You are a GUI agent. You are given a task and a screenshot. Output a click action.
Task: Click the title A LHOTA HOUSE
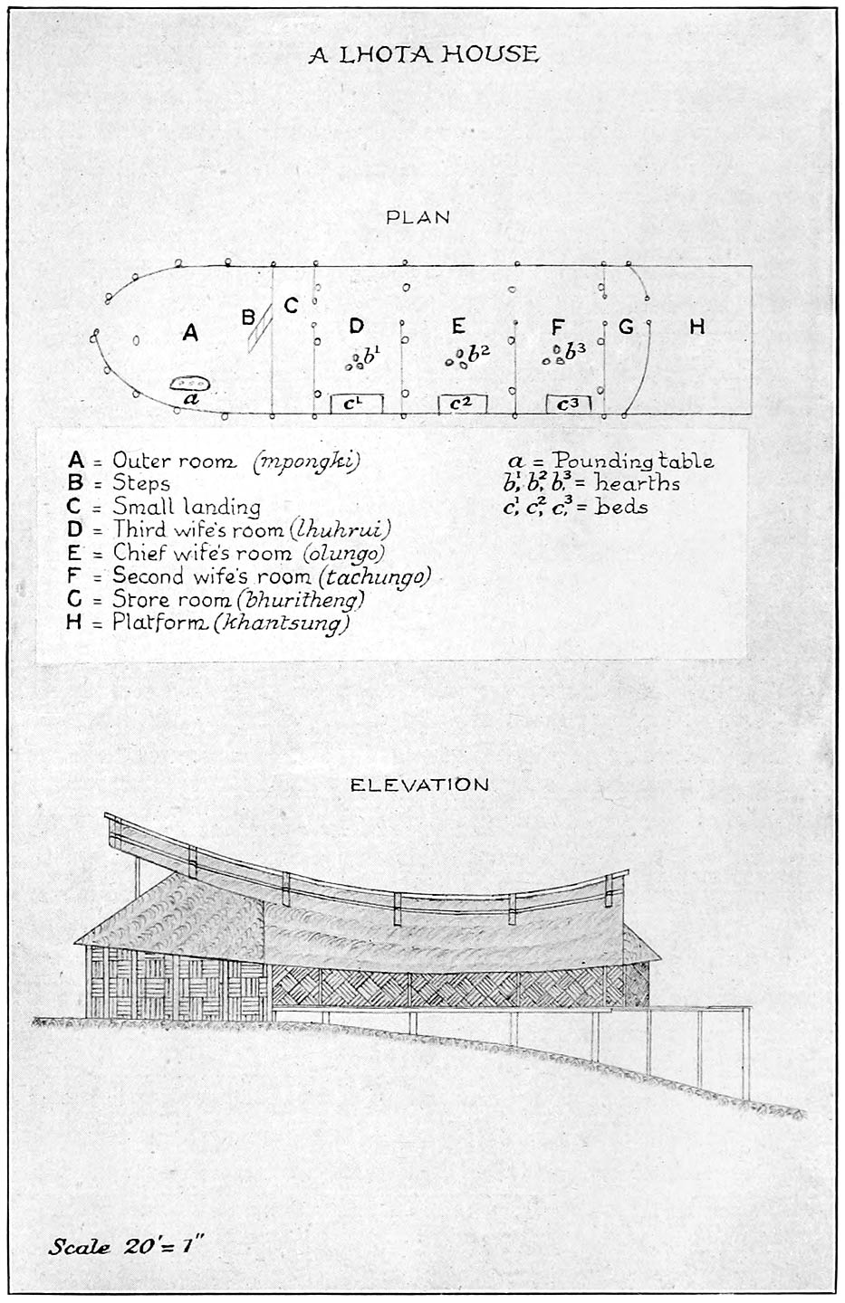click(423, 54)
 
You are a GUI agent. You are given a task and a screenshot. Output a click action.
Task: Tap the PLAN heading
click(418, 217)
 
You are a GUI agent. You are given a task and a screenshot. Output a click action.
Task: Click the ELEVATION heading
click(419, 785)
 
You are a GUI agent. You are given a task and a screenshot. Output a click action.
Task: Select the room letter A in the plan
click(190, 333)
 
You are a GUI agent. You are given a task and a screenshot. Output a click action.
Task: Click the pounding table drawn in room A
click(190, 384)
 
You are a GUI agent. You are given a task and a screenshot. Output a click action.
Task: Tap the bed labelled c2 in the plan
click(462, 404)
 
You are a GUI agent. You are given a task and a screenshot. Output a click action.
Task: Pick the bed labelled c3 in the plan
click(569, 404)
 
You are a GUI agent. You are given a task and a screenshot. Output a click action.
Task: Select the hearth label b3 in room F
click(575, 350)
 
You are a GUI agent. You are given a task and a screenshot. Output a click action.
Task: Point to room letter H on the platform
click(697, 327)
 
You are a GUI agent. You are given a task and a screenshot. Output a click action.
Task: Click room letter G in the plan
click(626, 327)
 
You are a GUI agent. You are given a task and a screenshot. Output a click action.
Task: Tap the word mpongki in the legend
click(307, 461)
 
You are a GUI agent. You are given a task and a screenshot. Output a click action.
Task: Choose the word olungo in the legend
click(343, 553)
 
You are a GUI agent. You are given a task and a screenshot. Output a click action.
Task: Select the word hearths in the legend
click(637, 483)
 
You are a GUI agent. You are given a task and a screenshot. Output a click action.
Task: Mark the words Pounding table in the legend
click(633, 461)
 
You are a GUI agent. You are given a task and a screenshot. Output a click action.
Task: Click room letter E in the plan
click(458, 327)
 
